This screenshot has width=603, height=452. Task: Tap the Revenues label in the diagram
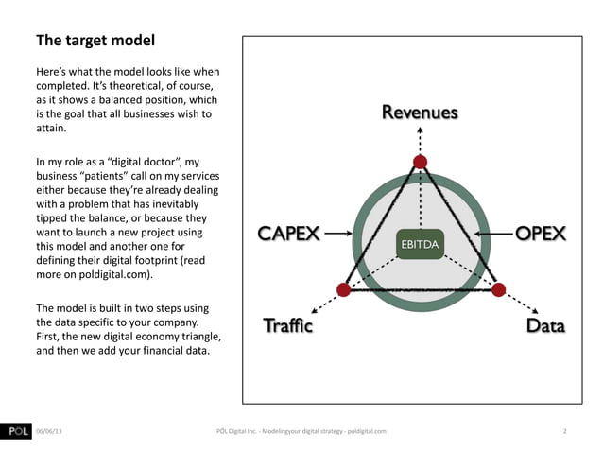point(420,113)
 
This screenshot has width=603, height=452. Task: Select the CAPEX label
point(289,233)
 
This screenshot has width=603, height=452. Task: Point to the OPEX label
point(540,233)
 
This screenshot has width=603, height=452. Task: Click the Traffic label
point(286,327)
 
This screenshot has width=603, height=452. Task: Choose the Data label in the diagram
point(545,327)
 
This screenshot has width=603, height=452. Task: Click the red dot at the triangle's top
point(421,161)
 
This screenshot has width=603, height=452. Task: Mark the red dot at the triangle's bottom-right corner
point(501,288)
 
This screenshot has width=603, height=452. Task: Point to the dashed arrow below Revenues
point(421,139)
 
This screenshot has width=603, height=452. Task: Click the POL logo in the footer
point(15,432)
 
